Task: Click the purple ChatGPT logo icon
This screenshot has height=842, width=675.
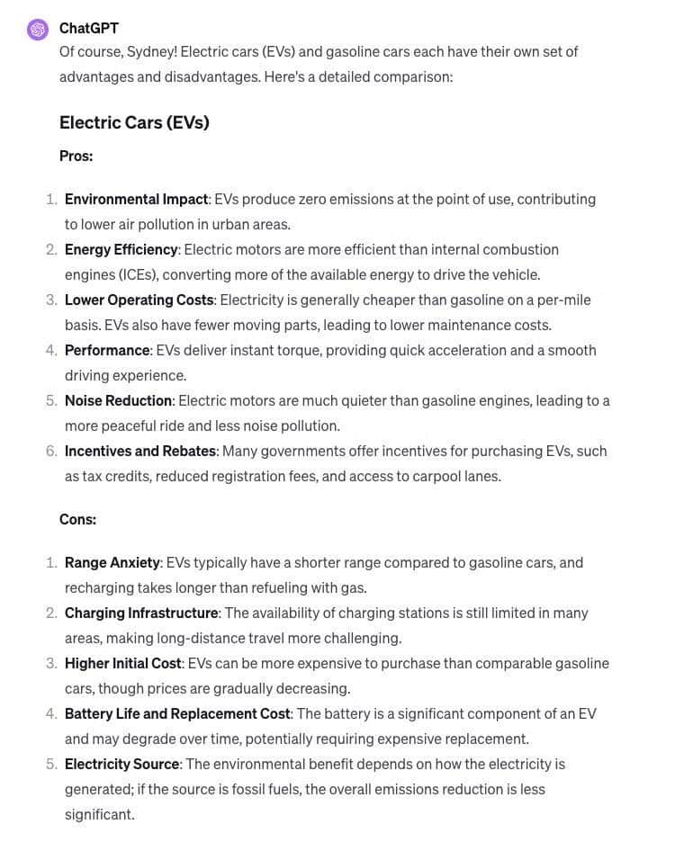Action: pyautogui.click(x=38, y=30)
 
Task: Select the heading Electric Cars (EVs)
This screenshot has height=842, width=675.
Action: pyautogui.click(x=134, y=122)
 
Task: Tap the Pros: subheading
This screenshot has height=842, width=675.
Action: pyautogui.click(x=76, y=156)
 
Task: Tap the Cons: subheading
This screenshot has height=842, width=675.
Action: pyautogui.click(x=77, y=519)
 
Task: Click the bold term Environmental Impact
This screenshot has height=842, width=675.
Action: pyautogui.click(x=136, y=199)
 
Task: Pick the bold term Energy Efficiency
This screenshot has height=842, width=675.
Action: pyautogui.click(x=121, y=249)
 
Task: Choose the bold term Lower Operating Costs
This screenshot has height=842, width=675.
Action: pyautogui.click(x=139, y=300)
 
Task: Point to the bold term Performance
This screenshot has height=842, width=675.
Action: pyautogui.click(x=107, y=350)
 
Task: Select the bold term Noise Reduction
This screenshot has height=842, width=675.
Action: pyautogui.click(x=118, y=400)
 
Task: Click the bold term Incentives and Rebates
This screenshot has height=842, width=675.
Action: pyautogui.click(x=139, y=451)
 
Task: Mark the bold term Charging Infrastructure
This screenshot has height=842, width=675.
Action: pyautogui.click(x=141, y=613)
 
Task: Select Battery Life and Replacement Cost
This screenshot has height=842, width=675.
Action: pyautogui.click(x=177, y=713)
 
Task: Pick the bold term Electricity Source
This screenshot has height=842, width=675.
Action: pyautogui.click(x=121, y=764)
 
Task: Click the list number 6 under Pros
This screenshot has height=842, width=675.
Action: pyautogui.click(x=51, y=451)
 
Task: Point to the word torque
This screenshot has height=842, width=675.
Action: pyautogui.click(x=278, y=350)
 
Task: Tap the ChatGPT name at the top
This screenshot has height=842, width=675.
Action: pyautogui.click(x=88, y=28)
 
